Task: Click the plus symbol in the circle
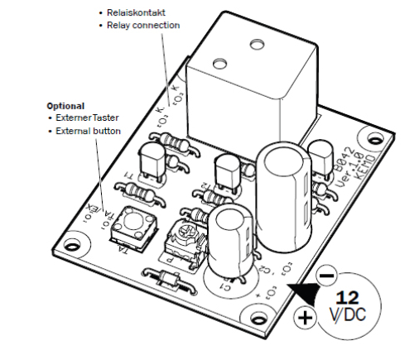point(305,317)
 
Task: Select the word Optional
point(65,106)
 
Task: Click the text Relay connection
point(142,26)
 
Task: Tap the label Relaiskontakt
point(137,13)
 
